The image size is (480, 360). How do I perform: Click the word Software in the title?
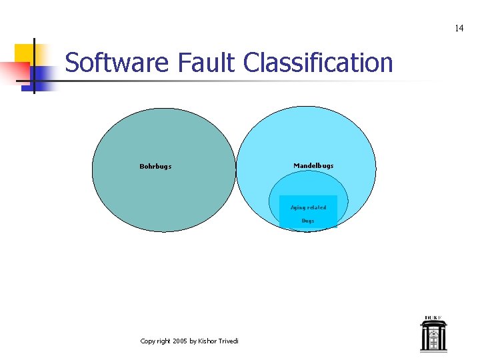[x=118, y=63]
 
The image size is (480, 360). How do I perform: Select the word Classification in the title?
[x=318, y=63]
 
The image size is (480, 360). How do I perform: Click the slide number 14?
[x=459, y=28]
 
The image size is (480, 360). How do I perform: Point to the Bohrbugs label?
[x=155, y=167]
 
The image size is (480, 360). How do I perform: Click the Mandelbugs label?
[x=313, y=165]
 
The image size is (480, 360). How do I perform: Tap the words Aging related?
[x=308, y=207]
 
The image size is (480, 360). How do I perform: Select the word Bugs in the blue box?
[x=307, y=221]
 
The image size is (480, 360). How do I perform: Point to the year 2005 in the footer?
[x=179, y=341]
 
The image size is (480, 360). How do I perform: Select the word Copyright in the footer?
[x=155, y=341]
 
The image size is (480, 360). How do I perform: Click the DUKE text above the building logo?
[x=433, y=318]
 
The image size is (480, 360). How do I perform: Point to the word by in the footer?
[x=193, y=341]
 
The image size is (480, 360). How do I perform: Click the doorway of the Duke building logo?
[x=433, y=343]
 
